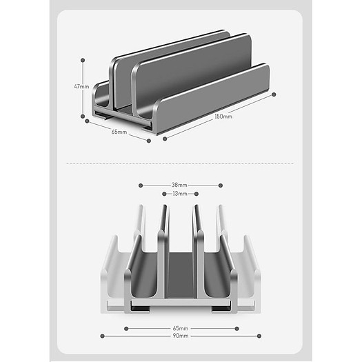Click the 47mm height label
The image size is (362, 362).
[x=82, y=86]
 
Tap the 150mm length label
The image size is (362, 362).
[x=222, y=117]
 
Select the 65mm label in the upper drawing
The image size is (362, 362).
[x=119, y=130]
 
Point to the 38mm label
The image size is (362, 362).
[x=180, y=185]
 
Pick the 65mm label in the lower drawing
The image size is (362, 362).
[x=180, y=328]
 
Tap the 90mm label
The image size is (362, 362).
[x=180, y=336]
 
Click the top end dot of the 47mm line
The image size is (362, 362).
[x=83, y=59]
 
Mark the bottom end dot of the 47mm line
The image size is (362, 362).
[x=83, y=115]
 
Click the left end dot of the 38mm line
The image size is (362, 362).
[x=140, y=185]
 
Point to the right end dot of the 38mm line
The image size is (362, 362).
[x=220, y=185]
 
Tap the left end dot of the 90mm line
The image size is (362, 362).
[x=102, y=336]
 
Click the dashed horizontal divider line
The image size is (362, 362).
[x=180, y=163]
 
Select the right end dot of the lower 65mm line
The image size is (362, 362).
[x=235, y=328]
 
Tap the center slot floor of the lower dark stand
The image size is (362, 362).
[x=180, y=276]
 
